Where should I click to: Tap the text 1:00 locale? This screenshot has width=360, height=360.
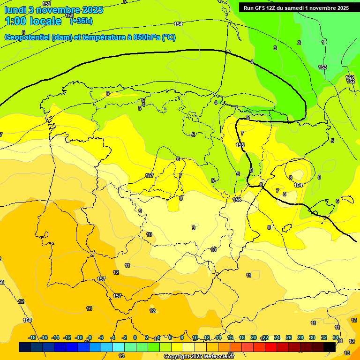pos(33,21)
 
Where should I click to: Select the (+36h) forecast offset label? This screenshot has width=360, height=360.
pos(81,21)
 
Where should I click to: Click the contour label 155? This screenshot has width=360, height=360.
pos(240,145)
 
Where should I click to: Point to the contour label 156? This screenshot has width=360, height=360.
pos(237,200)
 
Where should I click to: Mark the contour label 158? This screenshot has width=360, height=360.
pos(27,320)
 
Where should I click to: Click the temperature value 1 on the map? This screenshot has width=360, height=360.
pos(322,42)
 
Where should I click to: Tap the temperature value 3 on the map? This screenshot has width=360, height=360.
pos(275,48)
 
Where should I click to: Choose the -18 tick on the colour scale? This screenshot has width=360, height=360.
pos(32,338)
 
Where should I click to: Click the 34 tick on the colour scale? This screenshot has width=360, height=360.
pos(336,338)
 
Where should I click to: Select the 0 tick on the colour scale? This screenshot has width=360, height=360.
pos(135,338)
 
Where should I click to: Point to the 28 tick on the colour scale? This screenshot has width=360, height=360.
pos(300,338)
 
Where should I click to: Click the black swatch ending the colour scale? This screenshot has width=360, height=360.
pos(330,347)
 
